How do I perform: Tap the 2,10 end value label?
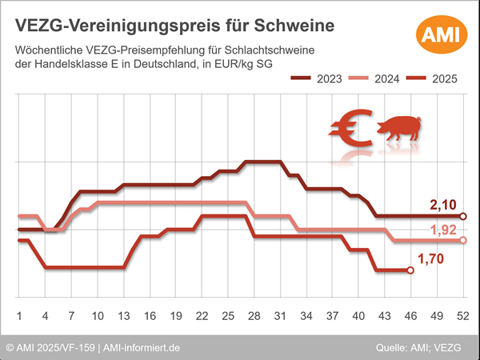[443, 206]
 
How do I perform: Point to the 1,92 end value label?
[443, 231]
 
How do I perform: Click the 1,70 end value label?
[431, 258]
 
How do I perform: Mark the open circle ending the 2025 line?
[411, 270]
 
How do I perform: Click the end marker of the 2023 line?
[463, 216]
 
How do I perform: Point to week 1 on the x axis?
[18, 314]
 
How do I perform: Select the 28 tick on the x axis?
[254, 314]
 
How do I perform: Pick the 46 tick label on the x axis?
[410, 314]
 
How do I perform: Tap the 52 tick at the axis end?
[462, 314]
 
